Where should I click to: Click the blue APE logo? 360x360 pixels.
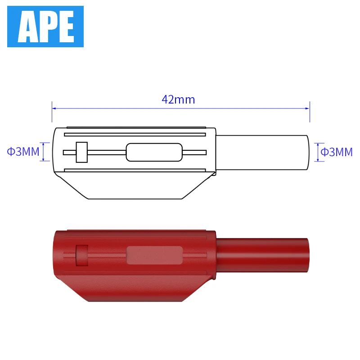coord(45,26)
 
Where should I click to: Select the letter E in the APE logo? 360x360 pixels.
coord(65,27)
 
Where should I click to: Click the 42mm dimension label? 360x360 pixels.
coord(179,99)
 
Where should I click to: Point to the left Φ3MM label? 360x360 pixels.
coord(23,152)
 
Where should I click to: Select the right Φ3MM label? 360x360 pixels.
coord(337,152)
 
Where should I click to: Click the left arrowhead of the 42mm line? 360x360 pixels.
coord(54,108)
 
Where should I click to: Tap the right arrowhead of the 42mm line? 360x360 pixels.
coord(308,108)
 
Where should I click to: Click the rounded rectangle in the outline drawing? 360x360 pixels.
coord(154,152)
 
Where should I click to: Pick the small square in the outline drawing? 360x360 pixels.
coord(81,152)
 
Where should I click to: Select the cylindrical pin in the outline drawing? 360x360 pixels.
coord(263,152)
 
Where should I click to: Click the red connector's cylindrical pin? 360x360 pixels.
coord(263,255)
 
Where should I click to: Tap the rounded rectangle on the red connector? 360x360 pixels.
coord(154,255)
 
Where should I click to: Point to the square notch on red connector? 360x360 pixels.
coord(81,255)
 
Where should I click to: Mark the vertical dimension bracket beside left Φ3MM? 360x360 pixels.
coord(44,152)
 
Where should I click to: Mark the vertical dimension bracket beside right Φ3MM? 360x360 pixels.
coord(318,152)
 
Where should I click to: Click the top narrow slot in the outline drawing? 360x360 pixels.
coord(135,134)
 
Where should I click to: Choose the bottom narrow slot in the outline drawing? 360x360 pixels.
coord(135,170)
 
